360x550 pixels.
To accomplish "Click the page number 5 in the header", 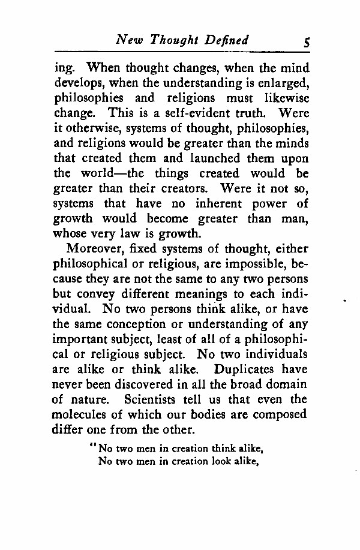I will [x=307, y=42].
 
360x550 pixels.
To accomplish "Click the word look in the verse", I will [x=209, y=461].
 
